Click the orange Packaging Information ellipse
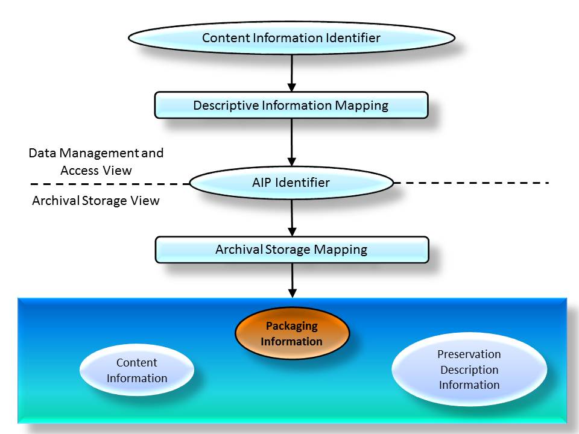click(292, 333)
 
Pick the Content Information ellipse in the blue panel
click(137, 370)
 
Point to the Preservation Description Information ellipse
click(469, 370)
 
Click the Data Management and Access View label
click(96, 162)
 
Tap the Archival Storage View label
click(95, 201)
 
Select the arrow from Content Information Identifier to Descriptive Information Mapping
click(292, 72)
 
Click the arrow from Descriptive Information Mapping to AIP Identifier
click(292, 142)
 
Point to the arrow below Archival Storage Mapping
click(292, 280)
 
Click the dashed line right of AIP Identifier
click(470, 182)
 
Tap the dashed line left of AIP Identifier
click(109, 183)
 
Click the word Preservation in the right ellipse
click(469, 354)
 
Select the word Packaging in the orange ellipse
click(292, 325)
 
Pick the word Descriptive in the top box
click(226, 105)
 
